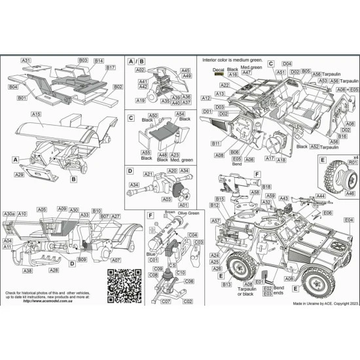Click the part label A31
click(x=26, y=61)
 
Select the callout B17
click(x=110, y=68)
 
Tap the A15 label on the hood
click(x=36, y=115)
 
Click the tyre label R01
click(x=352, y=162)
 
